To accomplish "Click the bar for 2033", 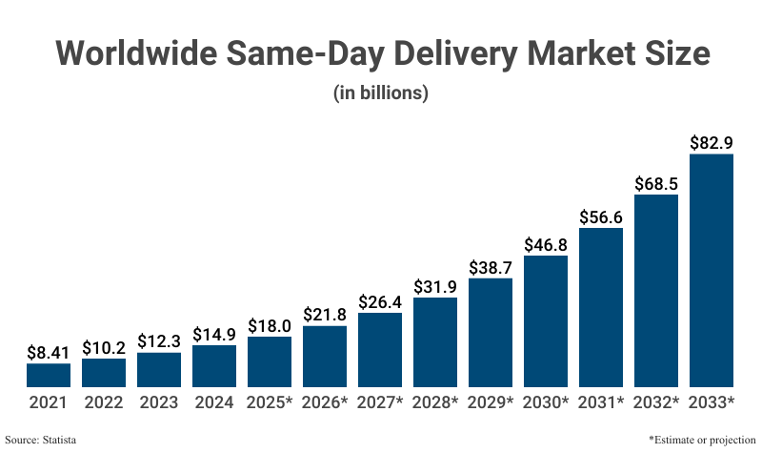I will pos(712,270).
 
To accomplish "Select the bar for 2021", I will pos(49,375).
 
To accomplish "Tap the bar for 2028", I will pos(435,341).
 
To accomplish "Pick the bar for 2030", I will pos(546,320).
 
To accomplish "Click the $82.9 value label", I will pos(712,143).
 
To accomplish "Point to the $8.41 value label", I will pos(49,352).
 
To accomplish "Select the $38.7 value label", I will pos(491,267).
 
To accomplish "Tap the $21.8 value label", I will pos(325,315).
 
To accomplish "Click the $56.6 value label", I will pos(601,217).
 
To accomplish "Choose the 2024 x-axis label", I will pos(214,403).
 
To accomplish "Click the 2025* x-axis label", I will pos(270,403).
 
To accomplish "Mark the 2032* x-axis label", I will pos(656,403).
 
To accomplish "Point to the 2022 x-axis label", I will pos(104,403).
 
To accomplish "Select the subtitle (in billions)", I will pos(381,93).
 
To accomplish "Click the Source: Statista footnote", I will pos(41,440).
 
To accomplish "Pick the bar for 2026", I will pos(325,356).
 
